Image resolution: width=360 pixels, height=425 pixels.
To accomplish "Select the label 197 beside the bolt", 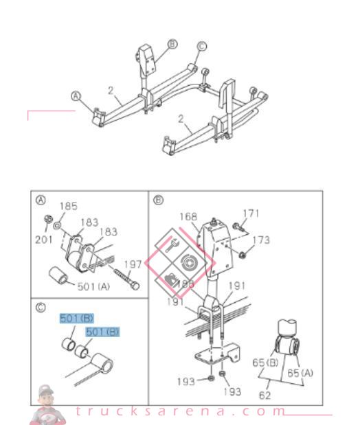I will [132, 264].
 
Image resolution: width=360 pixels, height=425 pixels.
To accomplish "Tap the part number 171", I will [252, 214].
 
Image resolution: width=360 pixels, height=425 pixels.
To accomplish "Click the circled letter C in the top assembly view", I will [201, 46].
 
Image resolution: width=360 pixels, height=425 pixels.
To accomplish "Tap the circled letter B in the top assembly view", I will [172, 44].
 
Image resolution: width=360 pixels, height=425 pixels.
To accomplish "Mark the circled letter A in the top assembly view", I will [76, 96].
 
